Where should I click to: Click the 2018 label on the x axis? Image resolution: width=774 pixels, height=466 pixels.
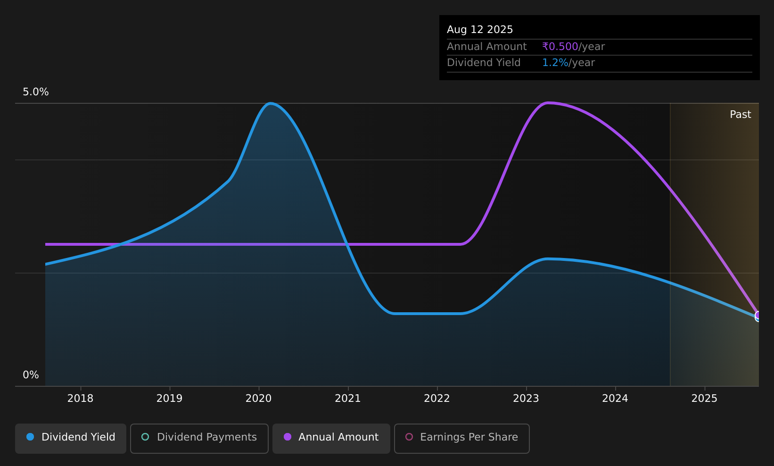coord(80,399)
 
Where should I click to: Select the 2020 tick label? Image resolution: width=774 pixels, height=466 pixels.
coord(258,399)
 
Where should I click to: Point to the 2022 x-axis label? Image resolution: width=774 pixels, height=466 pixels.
coord(437,399)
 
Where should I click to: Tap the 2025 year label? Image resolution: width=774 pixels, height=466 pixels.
coord(704,399)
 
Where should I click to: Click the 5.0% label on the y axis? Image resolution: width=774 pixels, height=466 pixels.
coord(36,92)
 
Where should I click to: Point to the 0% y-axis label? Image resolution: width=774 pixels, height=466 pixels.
coord(31,375)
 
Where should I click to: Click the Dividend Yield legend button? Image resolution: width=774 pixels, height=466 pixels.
coord(71,438)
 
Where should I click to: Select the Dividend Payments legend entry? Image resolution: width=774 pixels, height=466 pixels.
coord(199,438)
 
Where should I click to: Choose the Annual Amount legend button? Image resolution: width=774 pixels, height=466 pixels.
coord(331,438)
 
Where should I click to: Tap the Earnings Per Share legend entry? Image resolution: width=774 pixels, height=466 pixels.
coord(462,438)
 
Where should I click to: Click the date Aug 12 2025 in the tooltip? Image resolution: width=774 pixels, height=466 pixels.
coord(480,30)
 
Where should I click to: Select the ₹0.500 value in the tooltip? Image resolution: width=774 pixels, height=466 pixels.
coord(560,47)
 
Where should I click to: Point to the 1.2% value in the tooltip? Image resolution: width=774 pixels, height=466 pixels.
coord(555,63)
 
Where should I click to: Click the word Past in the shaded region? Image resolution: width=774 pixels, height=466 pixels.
coord(740,115)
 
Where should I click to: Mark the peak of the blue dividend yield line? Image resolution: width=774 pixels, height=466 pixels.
coord(271,103)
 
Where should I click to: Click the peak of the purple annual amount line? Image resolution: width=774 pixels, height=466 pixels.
coord(548,103)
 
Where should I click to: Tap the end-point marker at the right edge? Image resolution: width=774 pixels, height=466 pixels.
coord(758,316)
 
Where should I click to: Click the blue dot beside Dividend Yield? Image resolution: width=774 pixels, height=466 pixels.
coord(31,437)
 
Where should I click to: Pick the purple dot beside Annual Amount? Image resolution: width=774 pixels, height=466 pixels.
coord(288,437)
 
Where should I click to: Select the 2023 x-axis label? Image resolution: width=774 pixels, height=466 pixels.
coord(526,399)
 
